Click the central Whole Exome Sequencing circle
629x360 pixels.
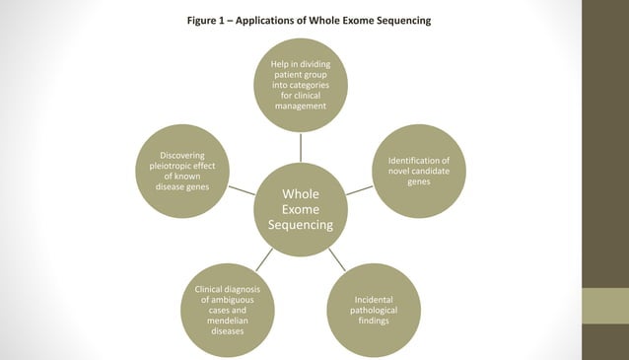click(x=300, y=208)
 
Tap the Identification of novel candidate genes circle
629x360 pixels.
click(x=419, y=171)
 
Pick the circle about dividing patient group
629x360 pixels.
click(x=300, y=85)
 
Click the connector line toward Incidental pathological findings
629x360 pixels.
click(x=336, y=258)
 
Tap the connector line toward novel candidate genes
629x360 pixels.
click(x=359, y=189)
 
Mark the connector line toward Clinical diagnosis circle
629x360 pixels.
click(x=264, y=259)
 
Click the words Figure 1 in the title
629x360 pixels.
click(x=209, y=21)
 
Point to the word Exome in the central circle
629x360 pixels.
click(x=300, y=209)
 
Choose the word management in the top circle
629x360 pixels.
click(x=300, y=107)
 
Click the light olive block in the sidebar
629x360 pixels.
click(x=604, y=306)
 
